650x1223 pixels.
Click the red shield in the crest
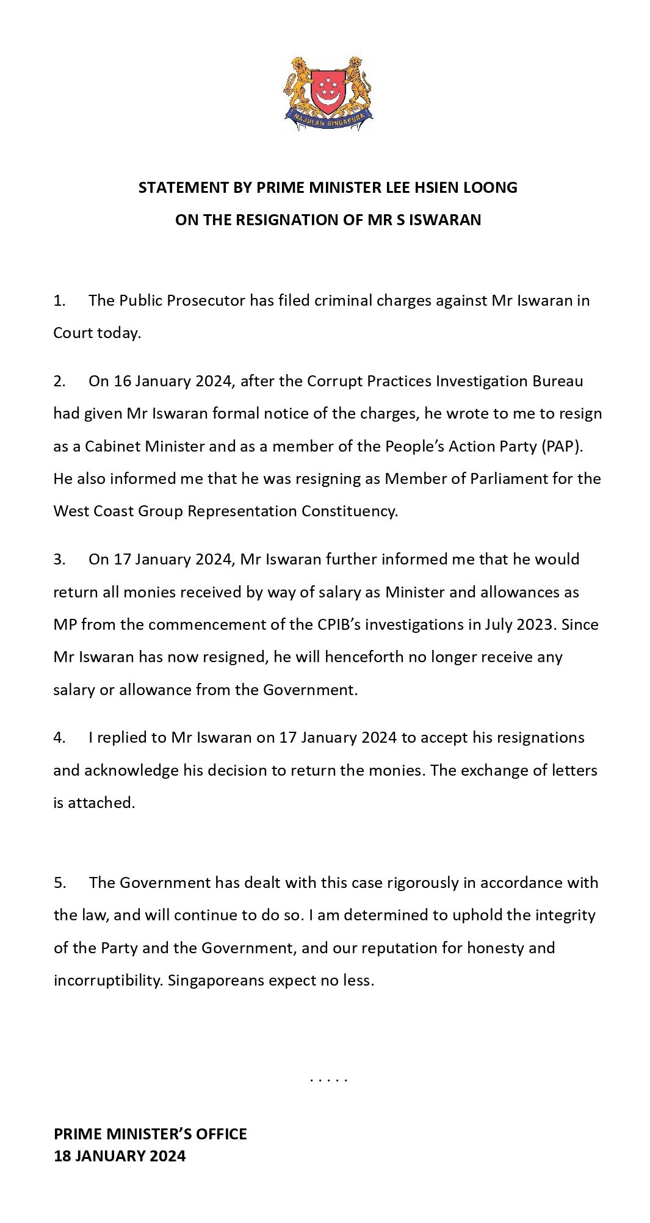point(328,90)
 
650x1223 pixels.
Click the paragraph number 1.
point(59,301)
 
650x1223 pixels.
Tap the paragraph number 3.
point(59,560)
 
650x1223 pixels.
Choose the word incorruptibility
point(107,980)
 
